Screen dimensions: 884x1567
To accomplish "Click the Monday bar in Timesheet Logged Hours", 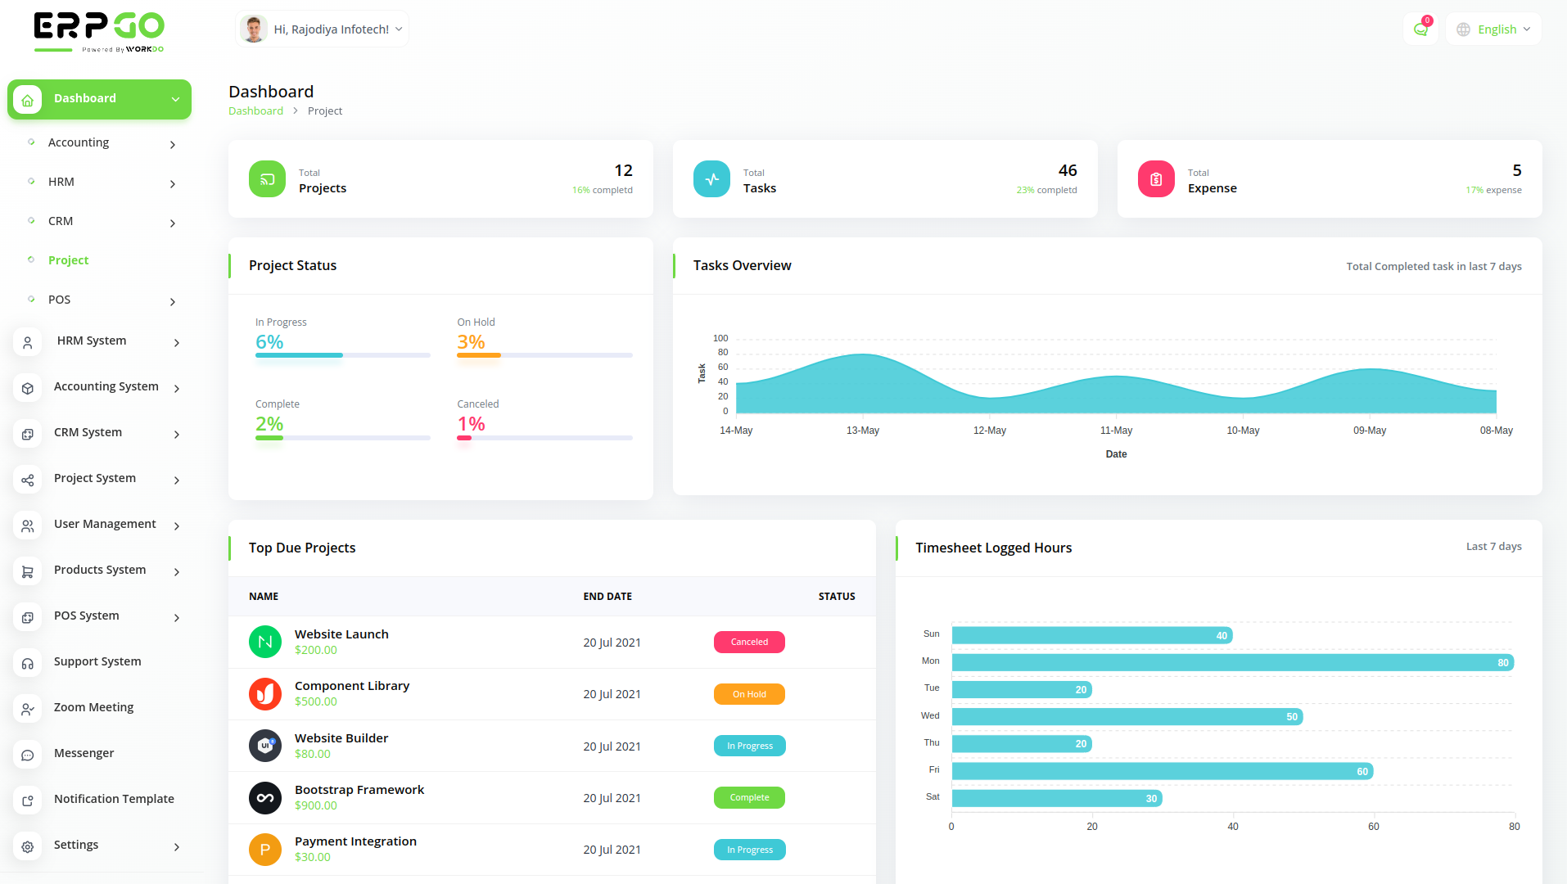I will coord(1232,662).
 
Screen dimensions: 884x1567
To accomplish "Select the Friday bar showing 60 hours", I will coord(1162,771).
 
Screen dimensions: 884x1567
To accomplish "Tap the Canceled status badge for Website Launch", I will coord(749,643).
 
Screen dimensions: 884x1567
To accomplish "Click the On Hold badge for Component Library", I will coord(749,694).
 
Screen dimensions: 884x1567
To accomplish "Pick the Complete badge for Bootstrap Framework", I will coord(749,797).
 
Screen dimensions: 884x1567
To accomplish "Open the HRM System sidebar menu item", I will coord(92,341).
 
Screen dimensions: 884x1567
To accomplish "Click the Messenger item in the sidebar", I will coord(84,754).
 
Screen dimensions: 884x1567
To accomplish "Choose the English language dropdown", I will coord(1495,29).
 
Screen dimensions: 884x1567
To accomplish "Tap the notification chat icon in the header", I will coord(1420,29).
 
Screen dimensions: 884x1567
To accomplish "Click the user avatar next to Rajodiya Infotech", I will coord(254,29).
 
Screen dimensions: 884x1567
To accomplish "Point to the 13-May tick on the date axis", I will coord(863,431).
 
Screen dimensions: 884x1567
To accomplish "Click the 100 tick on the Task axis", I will coord(720,338).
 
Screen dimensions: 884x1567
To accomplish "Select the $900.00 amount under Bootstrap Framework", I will coord(316,806).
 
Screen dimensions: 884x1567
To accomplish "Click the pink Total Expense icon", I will coord(1156,179).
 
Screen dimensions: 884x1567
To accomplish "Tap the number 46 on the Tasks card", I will coord(1068,170).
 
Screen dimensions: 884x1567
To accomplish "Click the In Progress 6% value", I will coord(269,342).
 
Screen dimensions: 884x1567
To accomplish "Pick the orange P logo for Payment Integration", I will coord(265,850).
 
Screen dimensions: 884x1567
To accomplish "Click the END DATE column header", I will coord(607,597).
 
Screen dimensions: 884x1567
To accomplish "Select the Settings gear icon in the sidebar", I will coord(28,846).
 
